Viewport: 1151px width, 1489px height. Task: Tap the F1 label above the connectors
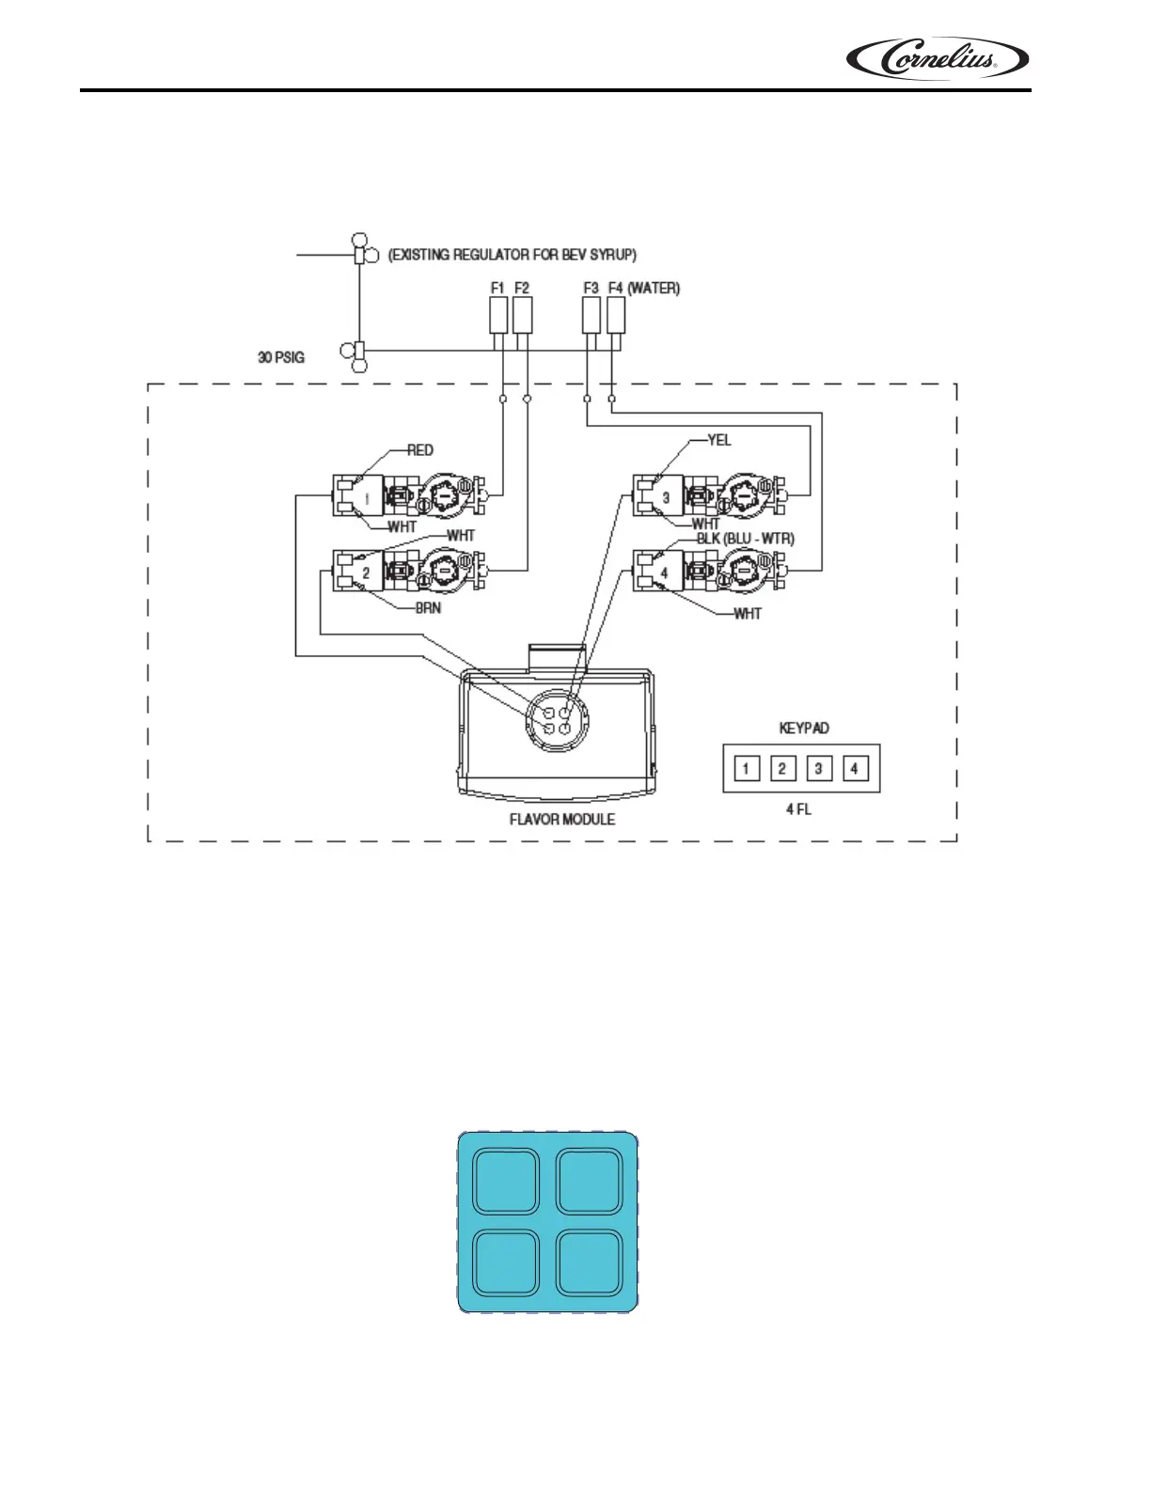(497, 288)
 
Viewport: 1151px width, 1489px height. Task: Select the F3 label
(591, 288)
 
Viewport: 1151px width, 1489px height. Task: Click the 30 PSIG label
(281, 357)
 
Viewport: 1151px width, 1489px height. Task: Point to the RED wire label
(420, 450)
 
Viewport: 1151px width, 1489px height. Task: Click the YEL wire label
(719, 440)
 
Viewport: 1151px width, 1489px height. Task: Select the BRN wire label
(428, 608)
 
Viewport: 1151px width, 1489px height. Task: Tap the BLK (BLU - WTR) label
(745, 539)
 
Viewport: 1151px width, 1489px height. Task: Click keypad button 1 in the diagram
(746, 769)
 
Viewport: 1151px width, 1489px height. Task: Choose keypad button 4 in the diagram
(854, 769)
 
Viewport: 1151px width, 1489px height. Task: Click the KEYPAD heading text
(804, 729)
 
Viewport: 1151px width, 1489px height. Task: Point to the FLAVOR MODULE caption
(562, 820)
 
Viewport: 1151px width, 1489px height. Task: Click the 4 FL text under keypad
(798, 809)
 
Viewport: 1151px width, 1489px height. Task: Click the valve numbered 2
(367, 572)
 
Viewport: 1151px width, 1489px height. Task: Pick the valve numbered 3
(666, 497)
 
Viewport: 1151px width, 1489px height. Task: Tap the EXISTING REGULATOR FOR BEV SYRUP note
(512, 255)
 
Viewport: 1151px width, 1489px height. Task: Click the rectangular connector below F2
(523, 315)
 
